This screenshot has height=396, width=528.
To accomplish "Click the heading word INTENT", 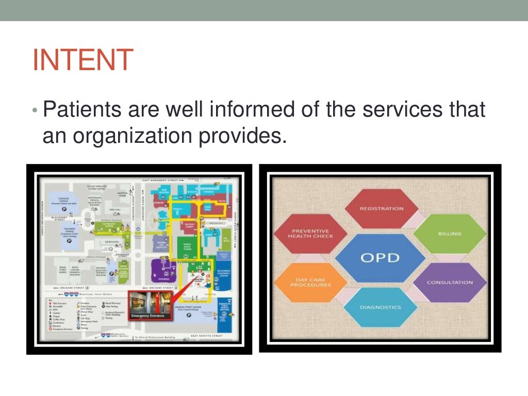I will tap(83, 60).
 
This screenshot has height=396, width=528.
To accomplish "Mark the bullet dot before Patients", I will tap(35, 111).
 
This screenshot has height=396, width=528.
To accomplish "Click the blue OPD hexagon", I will tap(381, 257).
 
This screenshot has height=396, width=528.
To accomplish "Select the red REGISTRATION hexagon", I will tap(381, 208).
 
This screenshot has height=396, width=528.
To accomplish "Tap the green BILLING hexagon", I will tap(450, 234).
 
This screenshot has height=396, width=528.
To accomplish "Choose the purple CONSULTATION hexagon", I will tap(450, 282).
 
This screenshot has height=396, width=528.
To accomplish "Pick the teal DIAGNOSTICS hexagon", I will tap(380, 307).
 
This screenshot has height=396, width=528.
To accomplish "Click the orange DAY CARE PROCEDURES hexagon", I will tap(310, 282).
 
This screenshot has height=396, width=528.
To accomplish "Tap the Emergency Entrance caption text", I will tap(148, 316).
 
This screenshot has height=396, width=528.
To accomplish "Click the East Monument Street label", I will tap(159, 180).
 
